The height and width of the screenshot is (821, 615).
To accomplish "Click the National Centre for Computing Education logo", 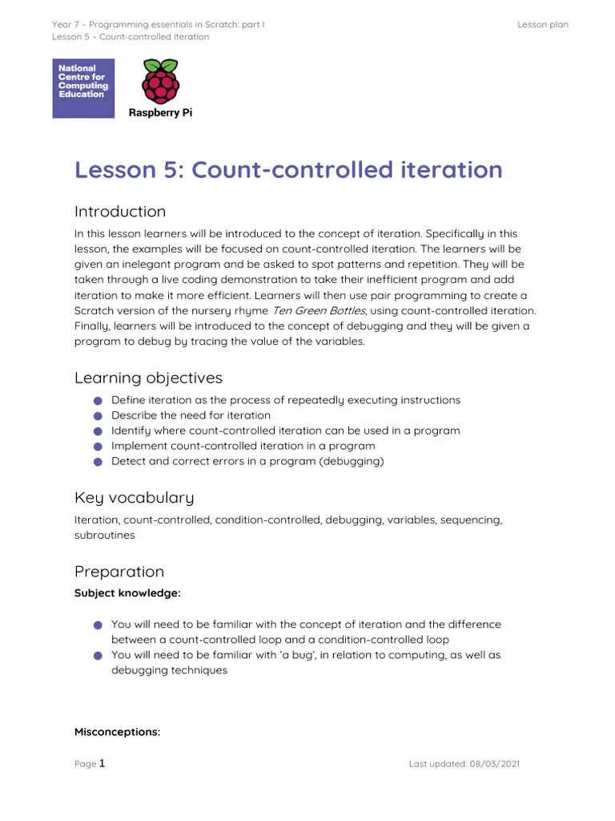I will click(x=83, y=88).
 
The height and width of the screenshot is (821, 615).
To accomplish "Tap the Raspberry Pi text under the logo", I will click(x=160, y=113).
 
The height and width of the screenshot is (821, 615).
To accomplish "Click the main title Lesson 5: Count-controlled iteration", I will click(x=288, y=170).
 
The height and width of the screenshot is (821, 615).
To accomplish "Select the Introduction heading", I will click(x=120, y=212).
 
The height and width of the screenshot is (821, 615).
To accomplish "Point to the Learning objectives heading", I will click(x=148, y=378).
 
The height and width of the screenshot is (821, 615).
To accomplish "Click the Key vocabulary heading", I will click(x=134, y=498).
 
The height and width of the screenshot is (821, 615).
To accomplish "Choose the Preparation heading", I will click(x=119, y=572).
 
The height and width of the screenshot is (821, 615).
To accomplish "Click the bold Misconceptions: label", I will click(x=117, y=731).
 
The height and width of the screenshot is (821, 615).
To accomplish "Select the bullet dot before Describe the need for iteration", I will click(x=98, y=416).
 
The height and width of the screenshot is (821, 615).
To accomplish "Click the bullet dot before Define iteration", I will click(x=98, y=401).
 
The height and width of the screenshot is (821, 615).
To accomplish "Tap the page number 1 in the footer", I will click(x=102, y=763).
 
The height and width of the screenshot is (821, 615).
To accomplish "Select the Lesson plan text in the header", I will click(x=542, y=25).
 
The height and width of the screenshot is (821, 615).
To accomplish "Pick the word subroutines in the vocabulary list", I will click(x=105, y=535).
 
